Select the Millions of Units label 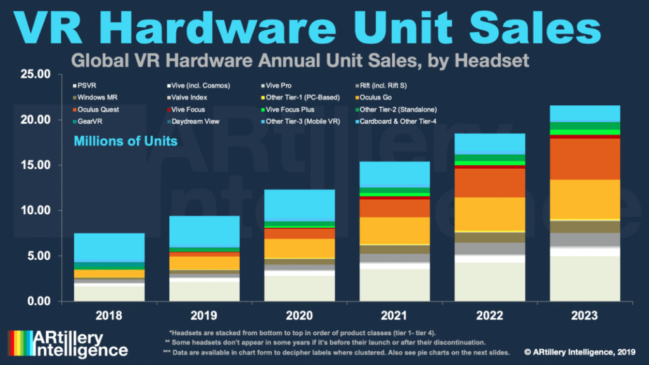click(x=125, y=141)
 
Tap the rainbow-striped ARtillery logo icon click(x=18, y=343)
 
